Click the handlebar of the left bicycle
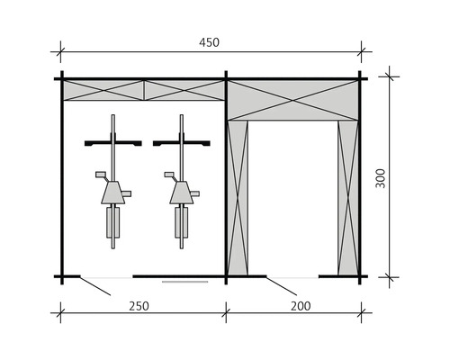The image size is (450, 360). point(113,142)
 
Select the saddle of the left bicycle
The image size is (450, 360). point(113,193)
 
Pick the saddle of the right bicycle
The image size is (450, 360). point(181,193)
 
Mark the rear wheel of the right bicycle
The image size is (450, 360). point(182,225)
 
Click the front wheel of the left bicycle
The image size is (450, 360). point(113,126)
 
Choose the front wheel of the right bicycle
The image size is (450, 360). point(182,126)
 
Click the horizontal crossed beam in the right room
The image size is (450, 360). point(292,99)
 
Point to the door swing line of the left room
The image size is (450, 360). point(94,285)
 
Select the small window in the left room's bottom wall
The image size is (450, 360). point(184,280)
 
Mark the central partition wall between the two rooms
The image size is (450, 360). point(226,180)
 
